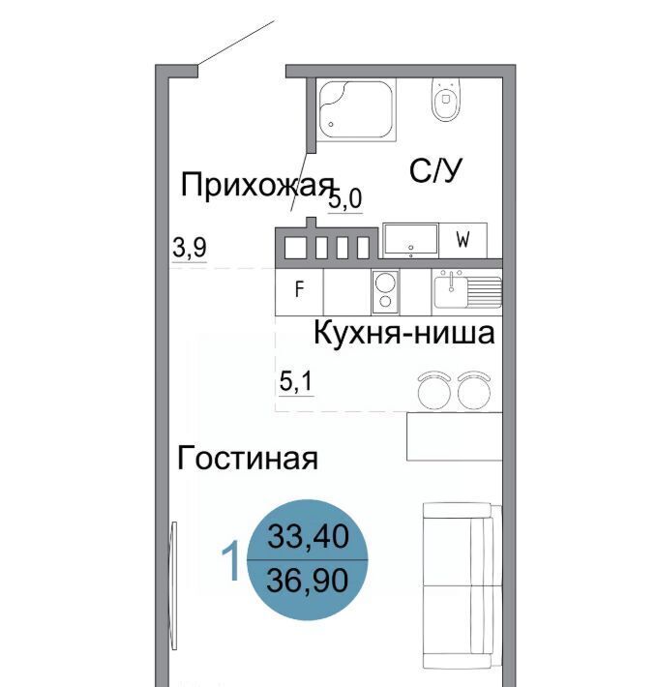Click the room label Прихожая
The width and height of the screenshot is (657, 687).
tap(257, 186)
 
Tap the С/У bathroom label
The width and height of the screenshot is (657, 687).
tap(435, 170)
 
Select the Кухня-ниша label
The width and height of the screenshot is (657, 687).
tap(404, 333)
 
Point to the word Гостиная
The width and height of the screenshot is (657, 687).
tap(248, 458)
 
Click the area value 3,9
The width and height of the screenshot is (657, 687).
tap(190, 248)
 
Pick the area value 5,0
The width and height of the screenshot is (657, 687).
tap(345, 199)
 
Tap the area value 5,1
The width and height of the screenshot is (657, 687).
tap(296, 381)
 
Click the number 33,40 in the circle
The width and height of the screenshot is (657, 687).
tap(309, 536)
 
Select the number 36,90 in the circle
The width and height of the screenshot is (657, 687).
tap(308, 580)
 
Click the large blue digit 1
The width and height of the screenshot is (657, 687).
tap(231, 560)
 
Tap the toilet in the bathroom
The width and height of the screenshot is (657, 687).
tap(446, 100)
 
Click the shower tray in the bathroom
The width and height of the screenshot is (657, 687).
tap(356, 109)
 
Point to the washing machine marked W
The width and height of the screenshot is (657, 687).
tap(463, 240)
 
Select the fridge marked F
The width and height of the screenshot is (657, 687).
tap(299, 291)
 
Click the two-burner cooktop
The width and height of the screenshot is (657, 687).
tap(385, 292)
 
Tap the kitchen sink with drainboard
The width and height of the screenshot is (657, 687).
tap(467, 290)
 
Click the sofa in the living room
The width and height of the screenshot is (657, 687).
tap(463, 585)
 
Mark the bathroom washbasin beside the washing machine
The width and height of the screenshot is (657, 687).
tap(411, 240)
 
